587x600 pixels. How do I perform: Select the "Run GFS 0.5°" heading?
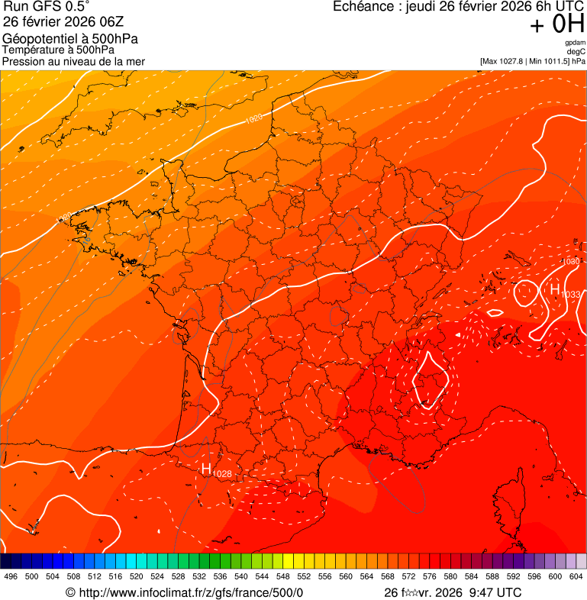coord(47,7)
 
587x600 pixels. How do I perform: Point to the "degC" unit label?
coord(576,51)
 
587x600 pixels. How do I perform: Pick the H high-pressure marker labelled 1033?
coord(554,289)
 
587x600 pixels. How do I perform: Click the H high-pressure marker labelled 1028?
coord(206,468)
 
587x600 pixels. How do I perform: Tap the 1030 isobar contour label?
coord(570,262)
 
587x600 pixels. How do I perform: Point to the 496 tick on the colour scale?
coord(11,576)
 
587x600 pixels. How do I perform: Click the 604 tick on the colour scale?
coord(576,576)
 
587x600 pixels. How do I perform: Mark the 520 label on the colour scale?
coord(137,576)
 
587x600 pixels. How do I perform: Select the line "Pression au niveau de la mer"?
coord(73,61)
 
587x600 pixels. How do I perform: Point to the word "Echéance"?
coord(363,7)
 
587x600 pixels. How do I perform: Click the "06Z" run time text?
coord(129,21)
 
